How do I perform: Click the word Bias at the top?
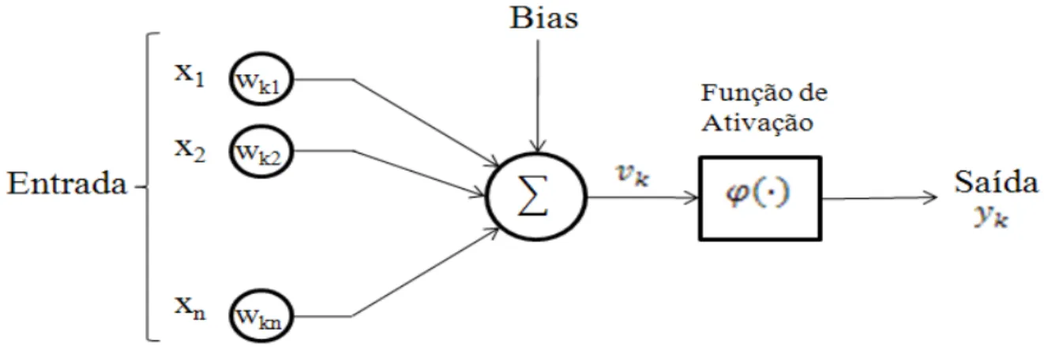pos(544,19)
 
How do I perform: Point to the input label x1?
pos(190,74)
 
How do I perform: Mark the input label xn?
pos(190,308)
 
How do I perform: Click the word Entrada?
pos(66,183)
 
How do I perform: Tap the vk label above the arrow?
pos(633,175)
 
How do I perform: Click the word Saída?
pos(996,182)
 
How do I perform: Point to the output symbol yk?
pos(991,216)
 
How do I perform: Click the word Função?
pos(744,94)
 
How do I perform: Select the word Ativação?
pos(757,123)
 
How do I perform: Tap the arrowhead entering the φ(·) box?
pos(692,197)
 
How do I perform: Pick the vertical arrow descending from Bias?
pos(538,96)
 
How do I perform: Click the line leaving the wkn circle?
pos(396,289)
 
